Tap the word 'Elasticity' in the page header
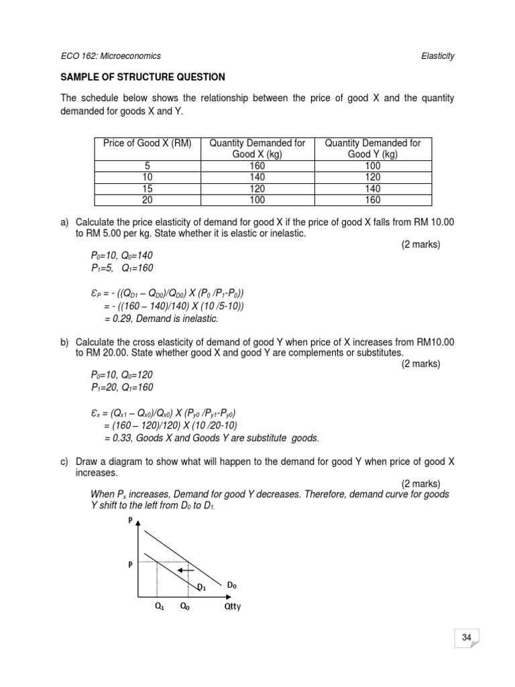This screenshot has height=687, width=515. click(435, 56)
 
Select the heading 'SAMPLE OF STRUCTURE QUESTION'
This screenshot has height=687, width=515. click(143, 77)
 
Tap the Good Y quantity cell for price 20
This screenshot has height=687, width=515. click(374, 200)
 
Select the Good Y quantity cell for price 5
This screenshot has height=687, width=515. click(374, 164)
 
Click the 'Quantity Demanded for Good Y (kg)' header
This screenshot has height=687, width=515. click(373, 148)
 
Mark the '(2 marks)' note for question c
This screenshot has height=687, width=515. click(421, 484)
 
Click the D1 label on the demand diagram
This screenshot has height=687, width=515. click(201, 588)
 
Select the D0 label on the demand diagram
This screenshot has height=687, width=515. click(231, 586)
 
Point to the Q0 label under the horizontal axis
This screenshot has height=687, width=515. click(183, 608)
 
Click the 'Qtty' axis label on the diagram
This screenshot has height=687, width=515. click(232, 609)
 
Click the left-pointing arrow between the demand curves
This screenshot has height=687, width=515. click(187, 570)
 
